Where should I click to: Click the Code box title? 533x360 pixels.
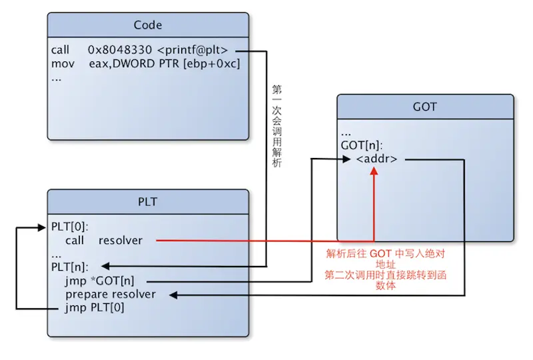(x=148, y=25)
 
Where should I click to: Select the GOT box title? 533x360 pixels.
(x=425, y=107)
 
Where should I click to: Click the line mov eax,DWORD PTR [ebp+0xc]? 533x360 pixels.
(x=145, y=63)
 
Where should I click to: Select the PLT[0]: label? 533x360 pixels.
(x=70, y=227)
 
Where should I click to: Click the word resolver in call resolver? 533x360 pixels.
(x=121, y=240)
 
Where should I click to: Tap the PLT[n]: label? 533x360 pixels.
(x=70, y=267)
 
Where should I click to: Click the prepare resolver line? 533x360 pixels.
(x=111, y=294)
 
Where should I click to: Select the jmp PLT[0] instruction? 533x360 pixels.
(x=95, y=307)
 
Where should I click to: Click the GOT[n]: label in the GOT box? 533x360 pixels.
(x=362, y=145)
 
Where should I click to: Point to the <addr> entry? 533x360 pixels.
(x=377, y=159)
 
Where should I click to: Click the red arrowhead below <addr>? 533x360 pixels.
(x=374, y=171)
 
